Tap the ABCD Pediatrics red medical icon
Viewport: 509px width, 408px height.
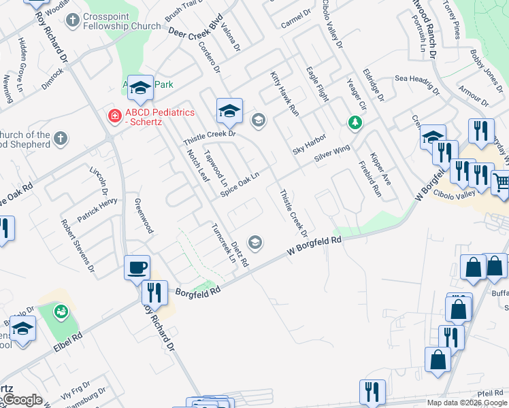pyautogui.click(x=115, y=116)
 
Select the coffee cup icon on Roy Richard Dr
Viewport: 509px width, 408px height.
pyautogui.click(x=137, y=267)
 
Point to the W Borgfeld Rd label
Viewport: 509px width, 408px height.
pyautogui.click(x=313, y=246)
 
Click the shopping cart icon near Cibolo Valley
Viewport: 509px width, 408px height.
pyautogui.click(x=500, y=182)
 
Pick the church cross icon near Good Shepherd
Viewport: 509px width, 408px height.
pyautogui.click(x=61, y=138)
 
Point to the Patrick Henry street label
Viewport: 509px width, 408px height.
pyautogui.click(x=97, y=211)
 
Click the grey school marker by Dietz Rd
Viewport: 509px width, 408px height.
pyautogui.click(x=256, y=241)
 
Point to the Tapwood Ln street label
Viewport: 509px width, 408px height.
pyautogui.click(x=216, y=168)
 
